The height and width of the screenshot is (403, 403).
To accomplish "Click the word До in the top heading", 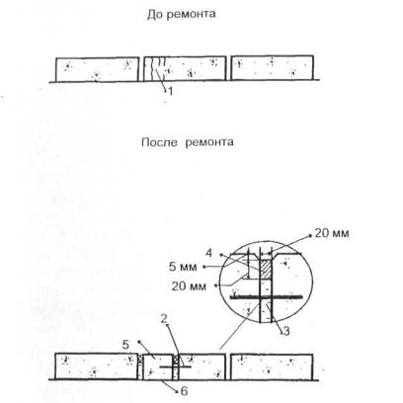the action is click(x=153, y=15).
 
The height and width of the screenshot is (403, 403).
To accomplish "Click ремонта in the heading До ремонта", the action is click(x=190, y=15).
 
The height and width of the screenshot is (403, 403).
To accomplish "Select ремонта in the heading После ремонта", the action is click(x=209, y=142).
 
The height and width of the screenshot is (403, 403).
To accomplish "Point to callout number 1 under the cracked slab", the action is click(x=170, y=91).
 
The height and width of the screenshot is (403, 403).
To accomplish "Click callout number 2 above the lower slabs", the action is click(x=164, y=318).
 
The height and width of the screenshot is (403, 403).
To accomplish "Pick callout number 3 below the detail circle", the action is click(x=286, y=331).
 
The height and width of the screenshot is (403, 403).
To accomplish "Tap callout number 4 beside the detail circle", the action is click(x=209, y=253).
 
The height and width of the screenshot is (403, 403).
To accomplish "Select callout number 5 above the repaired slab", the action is click(x=125, y=345).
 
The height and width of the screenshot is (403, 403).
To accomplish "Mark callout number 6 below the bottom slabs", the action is click(x=184, y=391).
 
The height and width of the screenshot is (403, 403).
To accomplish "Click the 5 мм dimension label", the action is click(x=183, y=267).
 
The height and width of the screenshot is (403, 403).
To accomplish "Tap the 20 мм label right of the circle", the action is click(x=332, y=233).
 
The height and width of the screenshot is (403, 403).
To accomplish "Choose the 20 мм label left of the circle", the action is click(x=189, y=286).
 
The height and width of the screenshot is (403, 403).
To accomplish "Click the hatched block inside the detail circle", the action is click(x=266, y=269).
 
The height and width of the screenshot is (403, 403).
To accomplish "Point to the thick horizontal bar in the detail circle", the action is click(x=267, y=297).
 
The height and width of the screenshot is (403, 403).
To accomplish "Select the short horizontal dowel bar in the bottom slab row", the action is click(x=176, y=366).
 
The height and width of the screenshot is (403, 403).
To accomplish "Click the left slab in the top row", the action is click(x=97, y=69).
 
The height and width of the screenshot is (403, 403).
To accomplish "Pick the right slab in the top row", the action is click(x=272, y=68).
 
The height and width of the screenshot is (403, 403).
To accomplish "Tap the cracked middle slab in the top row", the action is click(x=185, y=68).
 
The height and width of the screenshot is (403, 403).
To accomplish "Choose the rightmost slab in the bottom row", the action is click(x=272, y=366).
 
